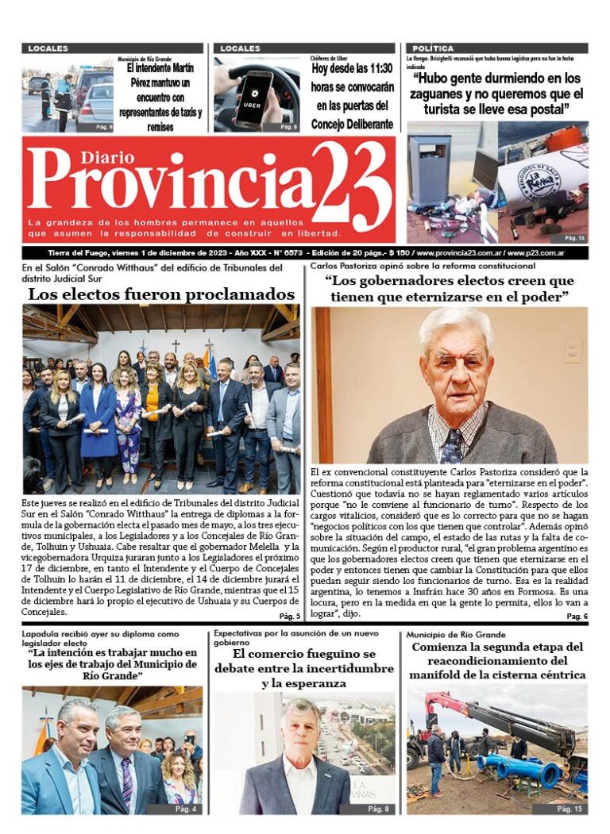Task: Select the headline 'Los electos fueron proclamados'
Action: tap(161, 294)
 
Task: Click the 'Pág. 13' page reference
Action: tap(574, 238)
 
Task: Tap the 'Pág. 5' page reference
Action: tap(289, 616)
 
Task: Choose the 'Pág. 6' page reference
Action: tap(577, 616)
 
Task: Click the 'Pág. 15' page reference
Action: tap(569, 809)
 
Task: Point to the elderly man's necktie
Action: tap(451, 448)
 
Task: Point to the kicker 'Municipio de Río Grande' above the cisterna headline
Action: tap(455, 635)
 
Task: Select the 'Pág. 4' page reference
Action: tap(186, 809)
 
